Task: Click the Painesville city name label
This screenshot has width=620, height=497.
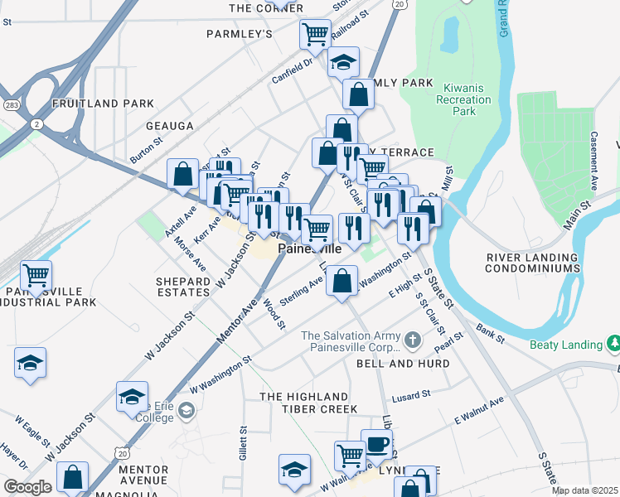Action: coord(308,248)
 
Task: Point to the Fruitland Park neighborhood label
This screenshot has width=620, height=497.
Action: coord(103,104)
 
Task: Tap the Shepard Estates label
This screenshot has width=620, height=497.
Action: coord(183,287)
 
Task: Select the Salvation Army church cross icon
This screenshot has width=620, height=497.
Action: coord(413,340)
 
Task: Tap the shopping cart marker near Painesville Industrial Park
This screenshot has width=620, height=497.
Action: coord(36,275)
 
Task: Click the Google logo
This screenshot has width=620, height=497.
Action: coord(27,487)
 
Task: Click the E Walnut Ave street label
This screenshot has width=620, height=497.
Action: coord(479,413)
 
